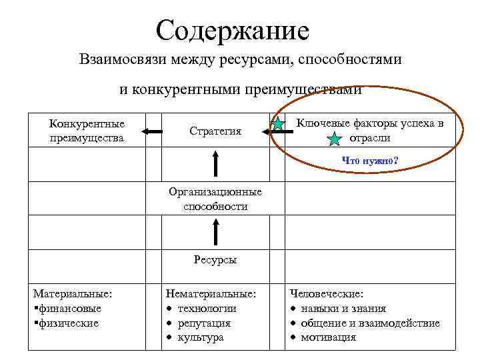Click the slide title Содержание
(233, 30)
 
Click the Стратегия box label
(215, 131)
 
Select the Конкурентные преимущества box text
(87, 131)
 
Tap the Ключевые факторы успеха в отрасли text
(369, 131)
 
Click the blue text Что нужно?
(370, 160)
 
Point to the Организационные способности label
(215, 199)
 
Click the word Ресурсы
(215, 260)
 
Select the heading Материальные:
(73, 293)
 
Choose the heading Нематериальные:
(211, 293)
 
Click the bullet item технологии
(207, 308)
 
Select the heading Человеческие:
(327, 293)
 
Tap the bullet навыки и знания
(343, 308)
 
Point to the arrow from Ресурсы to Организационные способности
(215, 232)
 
